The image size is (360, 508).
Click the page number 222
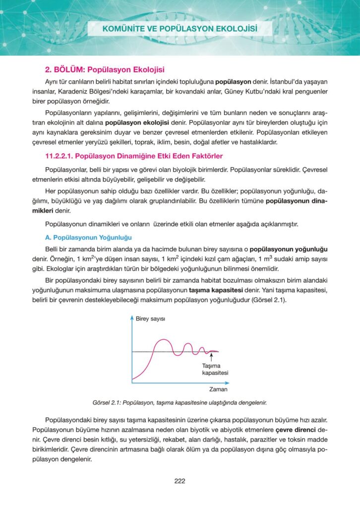(180, 480)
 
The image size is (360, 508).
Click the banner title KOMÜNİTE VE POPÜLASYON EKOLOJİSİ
(180, 29)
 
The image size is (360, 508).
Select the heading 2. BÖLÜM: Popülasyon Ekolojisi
(105, 69)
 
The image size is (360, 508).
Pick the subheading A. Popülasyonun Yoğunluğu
(88, 238)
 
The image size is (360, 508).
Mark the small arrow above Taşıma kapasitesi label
(212, 357)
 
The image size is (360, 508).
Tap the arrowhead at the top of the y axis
(132, 317)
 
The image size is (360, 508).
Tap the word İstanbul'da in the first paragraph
(278, 80)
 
